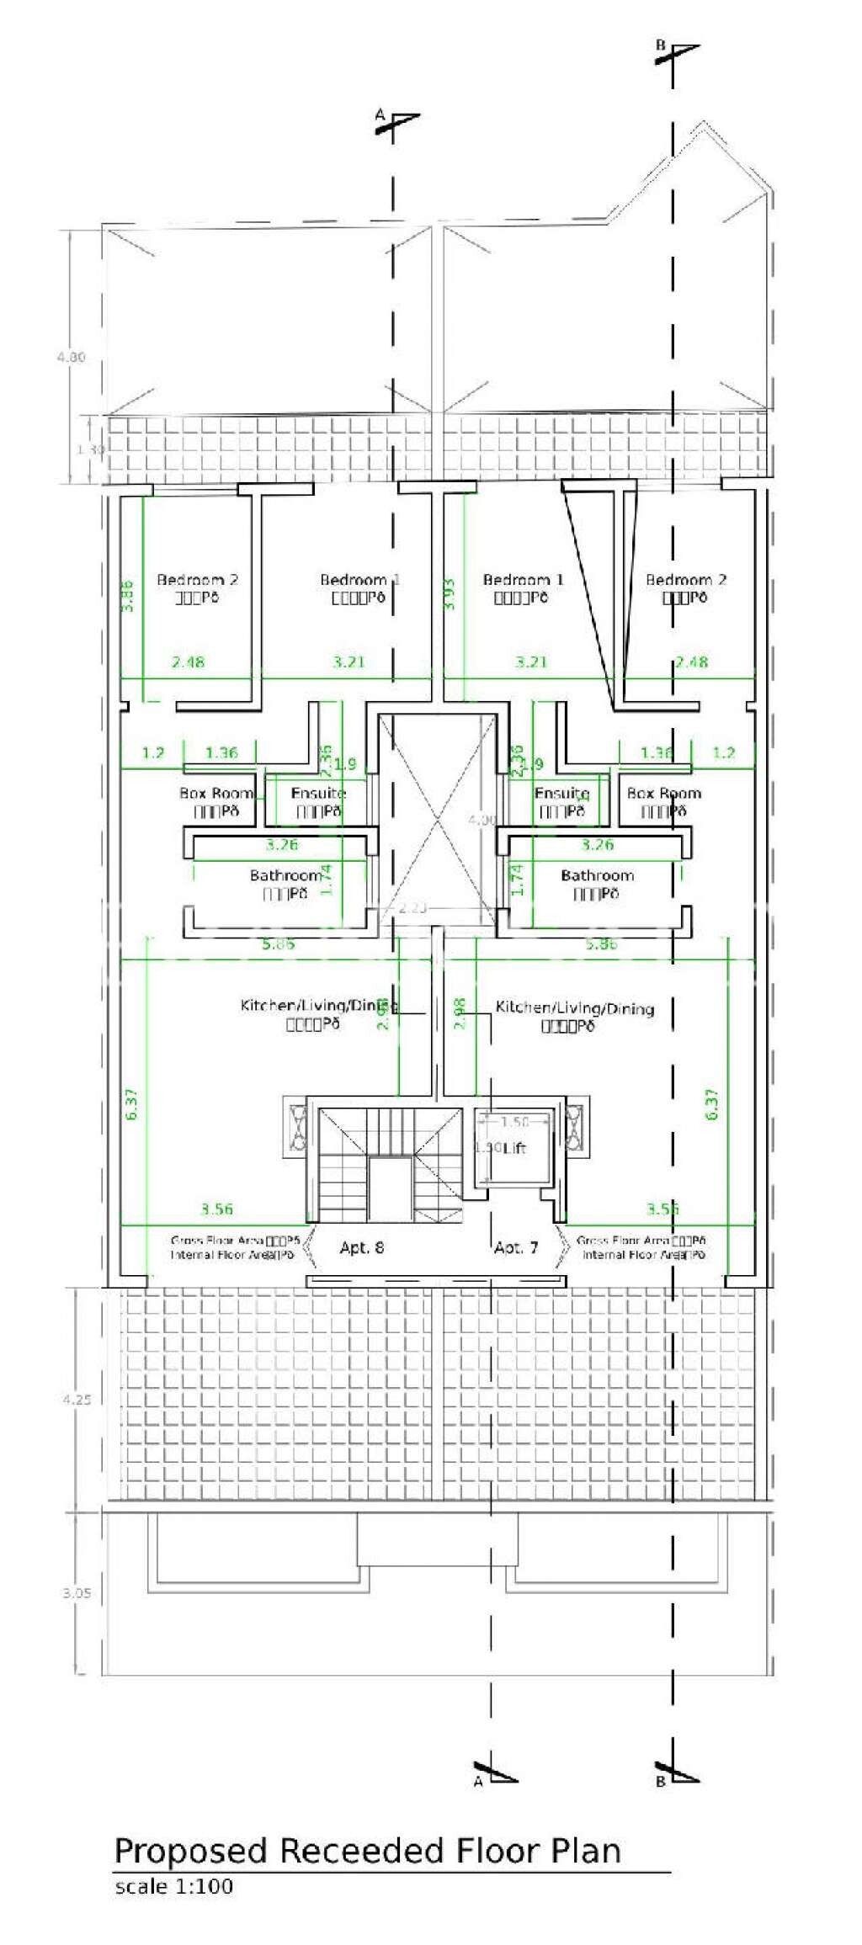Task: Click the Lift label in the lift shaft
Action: click(x=514, y=1148)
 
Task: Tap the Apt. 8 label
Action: click(x=362, y=1247)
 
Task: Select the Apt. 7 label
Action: click(x=516, y=1247)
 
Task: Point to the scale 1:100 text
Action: click(x=173, y=1886)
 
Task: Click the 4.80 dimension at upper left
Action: click(x=71, y=357)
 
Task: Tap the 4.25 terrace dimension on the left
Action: click(x=77, y=1400)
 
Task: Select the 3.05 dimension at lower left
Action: click(x=77, y=1593)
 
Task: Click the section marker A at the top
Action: click(x=380, y=114)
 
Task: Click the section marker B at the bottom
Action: click(x=660, y=1781)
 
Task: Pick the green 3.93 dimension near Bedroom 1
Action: click(x=449, y=593)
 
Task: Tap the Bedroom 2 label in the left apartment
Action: click(x=197, y=580)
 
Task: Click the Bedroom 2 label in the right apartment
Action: click(x=686, y=580)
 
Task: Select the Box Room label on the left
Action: click(x=216, y=793)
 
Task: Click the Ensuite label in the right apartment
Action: click(x=561, y=793)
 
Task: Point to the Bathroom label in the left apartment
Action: click(x=285, y=875)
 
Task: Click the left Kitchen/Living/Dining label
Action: click(x=318, y=1006)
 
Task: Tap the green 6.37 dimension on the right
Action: click(x=712, y=1104)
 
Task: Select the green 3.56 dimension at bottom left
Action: click(x=216, y=1209)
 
